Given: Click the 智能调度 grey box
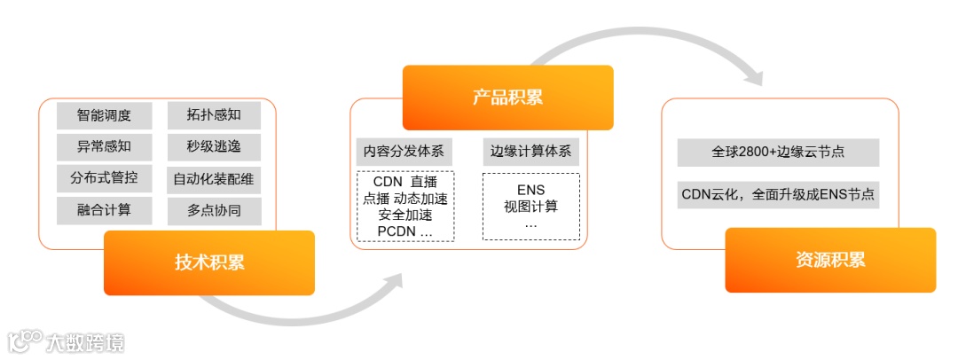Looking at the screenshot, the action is pos(105,115).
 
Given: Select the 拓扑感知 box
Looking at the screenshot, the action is pos(214,115).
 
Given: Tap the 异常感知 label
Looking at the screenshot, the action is pos(105,146).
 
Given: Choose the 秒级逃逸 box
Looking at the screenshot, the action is pos(214,146).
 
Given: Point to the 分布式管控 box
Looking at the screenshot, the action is pos(105,178).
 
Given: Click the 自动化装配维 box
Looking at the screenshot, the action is pos(214,179).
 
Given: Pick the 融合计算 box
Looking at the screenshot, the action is pos(105,210).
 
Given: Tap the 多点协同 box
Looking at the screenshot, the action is pos(214,210).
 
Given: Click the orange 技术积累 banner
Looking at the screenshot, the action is pos(209,262).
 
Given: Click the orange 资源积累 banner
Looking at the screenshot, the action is pos(830,260).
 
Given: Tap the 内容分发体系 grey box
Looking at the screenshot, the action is pos(404,151).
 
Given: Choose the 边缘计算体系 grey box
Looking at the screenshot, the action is pos(530,151).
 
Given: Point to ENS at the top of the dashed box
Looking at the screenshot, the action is pos(530,190).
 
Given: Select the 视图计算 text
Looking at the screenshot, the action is pos(530,207).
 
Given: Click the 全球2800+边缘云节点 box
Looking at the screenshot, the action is pos(778,152).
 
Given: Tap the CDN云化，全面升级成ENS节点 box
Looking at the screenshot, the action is pos(778,194).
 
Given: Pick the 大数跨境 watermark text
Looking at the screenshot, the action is pos(85,342).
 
